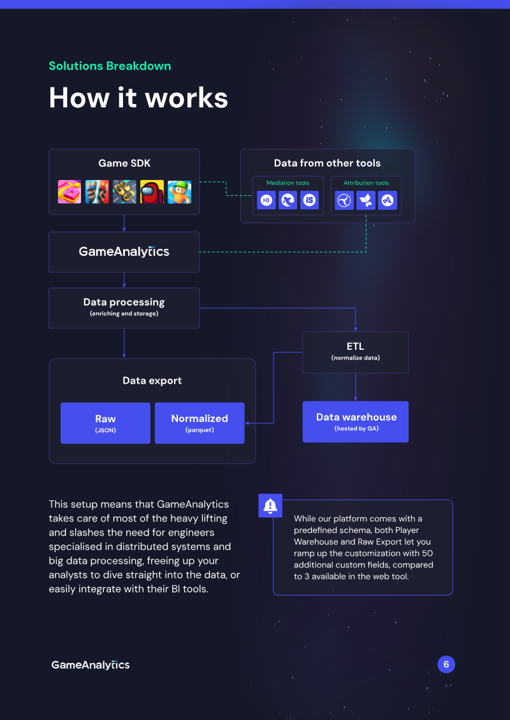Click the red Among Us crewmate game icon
pos(152,191)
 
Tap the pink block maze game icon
pos(69,191)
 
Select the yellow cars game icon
pos(124,191)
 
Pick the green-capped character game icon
pos(179,191)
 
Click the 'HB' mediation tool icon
pos(266,200)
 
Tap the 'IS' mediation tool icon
pos(310,200)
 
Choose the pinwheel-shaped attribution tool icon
pos(366,200)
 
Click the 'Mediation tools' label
pos(288,183)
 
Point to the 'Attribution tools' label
pos(366,183)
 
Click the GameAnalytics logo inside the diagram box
pos(124,251)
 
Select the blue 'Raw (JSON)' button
pos(105,423)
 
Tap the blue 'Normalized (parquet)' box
pos(200,423)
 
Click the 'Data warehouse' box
pos(356,421)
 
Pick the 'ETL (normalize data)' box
pos(356,352)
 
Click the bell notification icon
pos(270,506)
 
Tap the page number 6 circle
pos(446,664)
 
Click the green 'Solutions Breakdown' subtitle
pos(110,66)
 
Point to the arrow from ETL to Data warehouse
pos(356,387)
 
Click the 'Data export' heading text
pos(152,380)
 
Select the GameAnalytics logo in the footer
pos(91,664)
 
